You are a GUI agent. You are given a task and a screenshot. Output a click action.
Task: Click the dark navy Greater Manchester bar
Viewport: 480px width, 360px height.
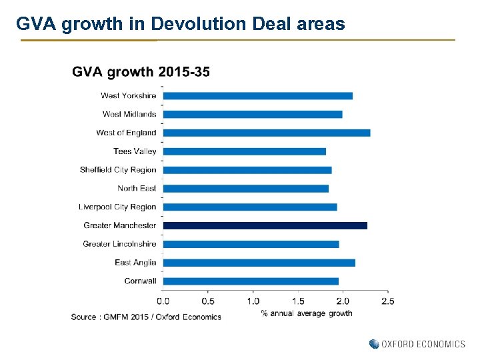(265, 225)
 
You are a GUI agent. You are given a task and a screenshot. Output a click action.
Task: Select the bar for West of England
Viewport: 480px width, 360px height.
(266, 133)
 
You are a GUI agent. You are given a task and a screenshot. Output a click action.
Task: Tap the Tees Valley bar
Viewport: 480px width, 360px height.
(244, 151)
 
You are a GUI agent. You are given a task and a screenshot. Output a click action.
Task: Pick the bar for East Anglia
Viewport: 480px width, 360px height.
(259, 263)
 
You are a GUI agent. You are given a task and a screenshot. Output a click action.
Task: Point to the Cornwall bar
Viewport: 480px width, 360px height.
(251, 281)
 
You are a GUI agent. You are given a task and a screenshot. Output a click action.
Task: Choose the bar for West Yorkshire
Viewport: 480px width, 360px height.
(257, 96)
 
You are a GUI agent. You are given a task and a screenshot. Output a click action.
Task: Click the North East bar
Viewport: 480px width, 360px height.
(245, 189)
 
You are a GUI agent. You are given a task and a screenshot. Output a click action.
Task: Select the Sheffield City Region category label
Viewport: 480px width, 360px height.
(118, 170)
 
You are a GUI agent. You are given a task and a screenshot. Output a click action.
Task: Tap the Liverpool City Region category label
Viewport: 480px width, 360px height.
(117, 207)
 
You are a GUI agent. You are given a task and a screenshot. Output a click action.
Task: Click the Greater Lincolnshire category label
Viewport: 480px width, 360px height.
(119, 244)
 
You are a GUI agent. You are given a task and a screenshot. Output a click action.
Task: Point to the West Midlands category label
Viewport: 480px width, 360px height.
(129, 115)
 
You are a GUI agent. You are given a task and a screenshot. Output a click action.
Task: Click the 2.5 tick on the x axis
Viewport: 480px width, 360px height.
(387, 301)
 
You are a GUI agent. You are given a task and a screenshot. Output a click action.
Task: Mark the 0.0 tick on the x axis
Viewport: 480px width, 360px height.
(163, 301)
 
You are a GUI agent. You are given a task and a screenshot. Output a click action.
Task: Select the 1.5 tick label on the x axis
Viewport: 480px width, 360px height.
(298, 301)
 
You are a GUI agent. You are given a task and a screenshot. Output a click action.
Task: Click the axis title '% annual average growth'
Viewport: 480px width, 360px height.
(307, 313)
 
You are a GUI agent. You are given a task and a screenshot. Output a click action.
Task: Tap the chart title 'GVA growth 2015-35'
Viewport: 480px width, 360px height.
(141, 72)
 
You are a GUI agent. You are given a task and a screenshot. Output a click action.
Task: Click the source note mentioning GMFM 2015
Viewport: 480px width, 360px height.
(146, 317)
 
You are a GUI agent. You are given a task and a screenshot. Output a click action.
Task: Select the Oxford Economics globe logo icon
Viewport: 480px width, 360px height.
(374, 344)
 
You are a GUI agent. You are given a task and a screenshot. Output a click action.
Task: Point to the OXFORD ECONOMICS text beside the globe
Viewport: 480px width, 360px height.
(423, 344)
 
